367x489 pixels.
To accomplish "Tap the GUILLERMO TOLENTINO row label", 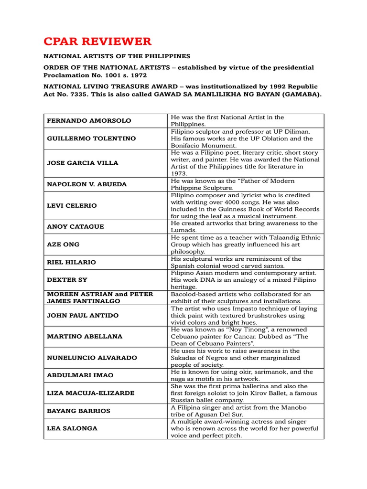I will [x=91, y=138].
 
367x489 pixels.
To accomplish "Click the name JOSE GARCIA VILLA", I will [x=82, y=163].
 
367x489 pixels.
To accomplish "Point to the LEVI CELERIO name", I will [x=72, y=205].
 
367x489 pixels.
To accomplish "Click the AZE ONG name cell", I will [x=63, y=244].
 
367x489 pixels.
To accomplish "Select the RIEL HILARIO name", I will [x=71, y=262].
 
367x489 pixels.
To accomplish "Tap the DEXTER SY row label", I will [x=67, y=280].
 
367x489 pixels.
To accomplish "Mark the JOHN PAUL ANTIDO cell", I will [x=82, y=315].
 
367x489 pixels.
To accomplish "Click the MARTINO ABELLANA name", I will [x=84, y=336].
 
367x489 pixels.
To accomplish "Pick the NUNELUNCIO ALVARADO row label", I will [x=92, y=358].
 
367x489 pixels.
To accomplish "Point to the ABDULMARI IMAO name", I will [x=80, y=375].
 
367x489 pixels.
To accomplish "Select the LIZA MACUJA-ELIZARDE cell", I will [x=90, y=393].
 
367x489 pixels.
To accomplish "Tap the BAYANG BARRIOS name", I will [x=78, y=411].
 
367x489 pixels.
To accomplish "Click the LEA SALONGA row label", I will [x=72, y=428].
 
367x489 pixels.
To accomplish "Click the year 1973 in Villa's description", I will [x=179, y=174].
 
